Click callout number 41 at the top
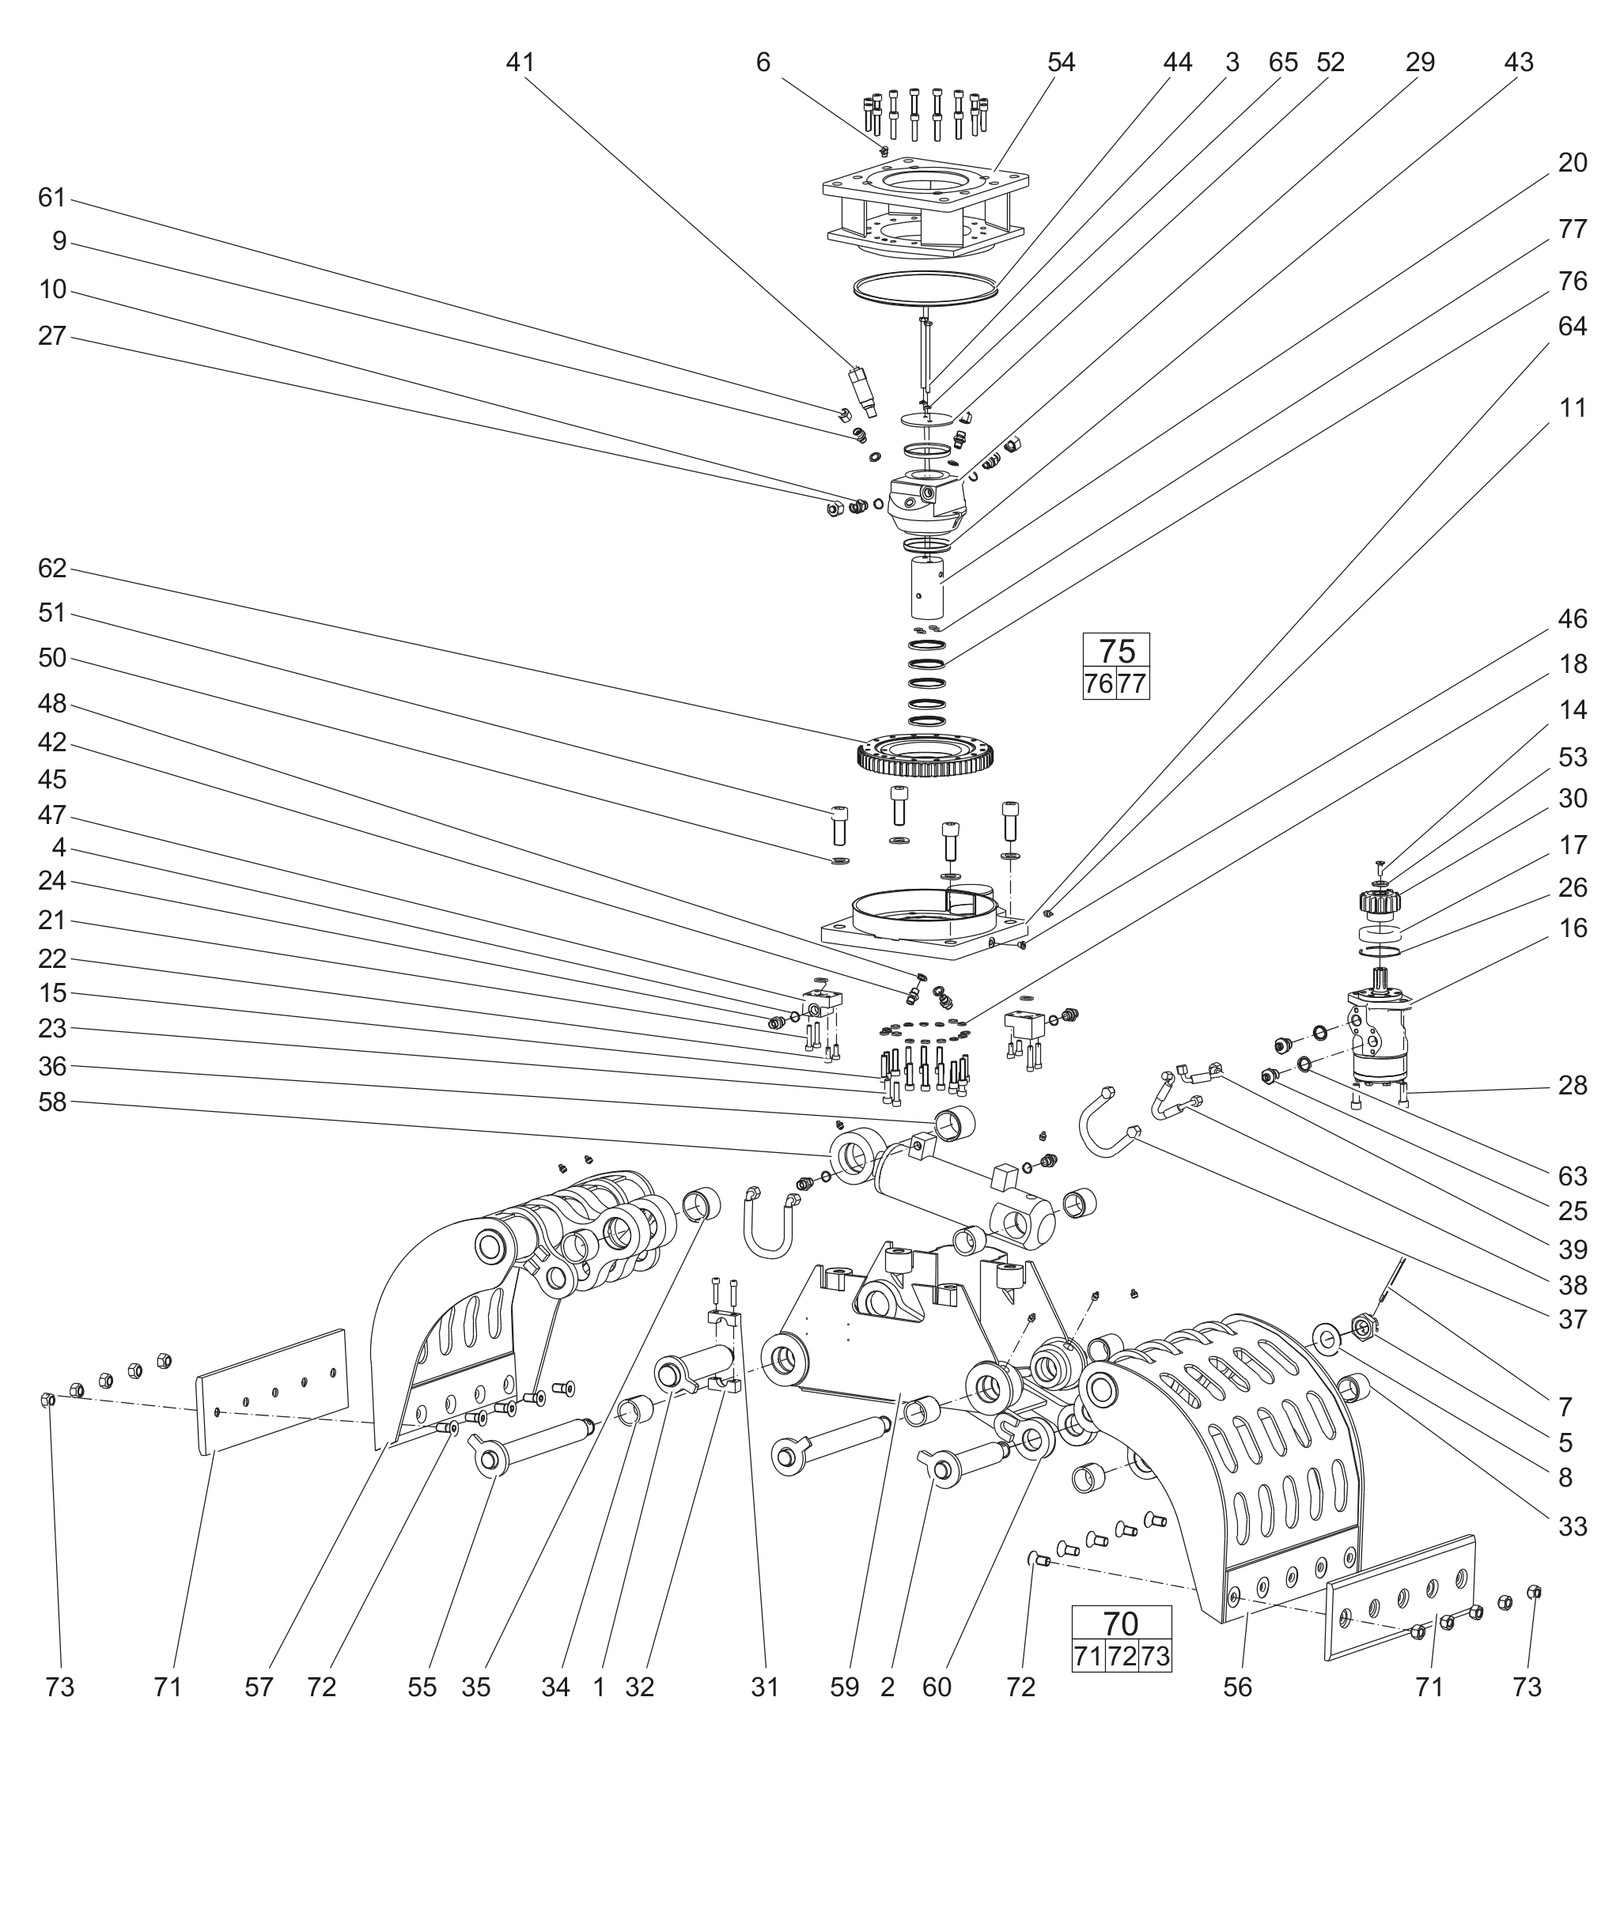[x=520, y=62]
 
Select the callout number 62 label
[x=52, y=569]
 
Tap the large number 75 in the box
[x=1117, y=651]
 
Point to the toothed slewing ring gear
[x=926, y=755]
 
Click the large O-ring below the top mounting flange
[x=925, y=287]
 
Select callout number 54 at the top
[x=1061, y=62]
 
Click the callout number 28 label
[x=1573, y=1086]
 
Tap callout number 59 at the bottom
[x=844, y=1688]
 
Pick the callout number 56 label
[x=1237, y=1688]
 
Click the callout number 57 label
[x=259, y=1688]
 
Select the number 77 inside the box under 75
[x=1133, y=684]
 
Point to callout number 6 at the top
[x=763, y=62]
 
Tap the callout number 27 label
[x=52, y=336]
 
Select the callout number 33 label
[x=1573, y=1527]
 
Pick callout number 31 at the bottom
[x=765, y=1688]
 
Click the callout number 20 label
[x=1573, y=164]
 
